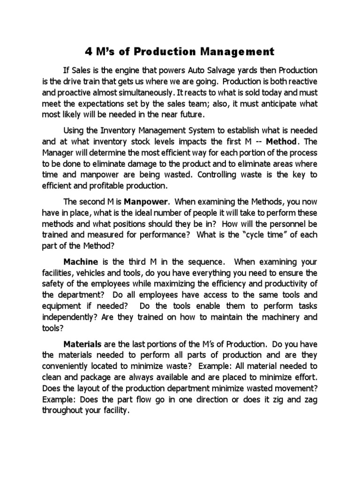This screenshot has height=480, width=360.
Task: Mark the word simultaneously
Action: (167, 92)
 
